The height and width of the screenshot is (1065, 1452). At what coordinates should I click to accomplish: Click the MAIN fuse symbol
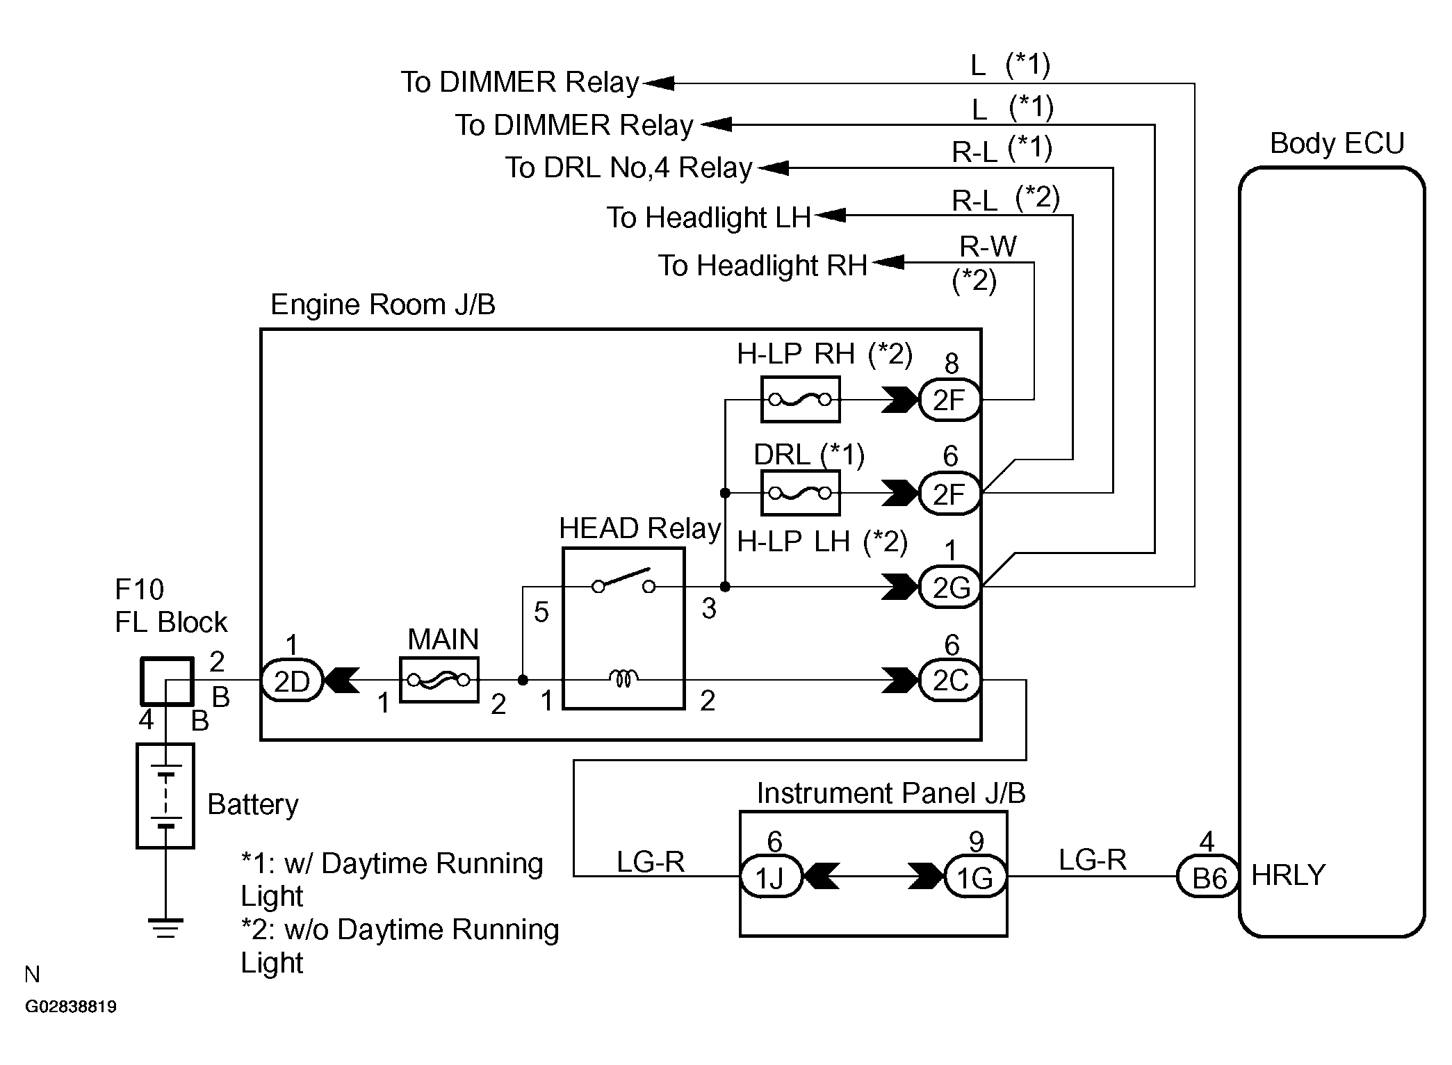[x=439, y=680]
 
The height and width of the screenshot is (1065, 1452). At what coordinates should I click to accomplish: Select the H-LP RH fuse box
[x=800, y=400]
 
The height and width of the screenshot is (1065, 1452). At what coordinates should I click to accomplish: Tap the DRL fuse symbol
[x=800, y=493]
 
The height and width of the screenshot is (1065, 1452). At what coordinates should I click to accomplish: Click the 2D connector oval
[x=292, y=681]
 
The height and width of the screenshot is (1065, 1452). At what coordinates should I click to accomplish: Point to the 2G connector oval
[x=949, y=587]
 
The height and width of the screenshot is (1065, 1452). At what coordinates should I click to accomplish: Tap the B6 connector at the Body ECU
[x=1208, y=877]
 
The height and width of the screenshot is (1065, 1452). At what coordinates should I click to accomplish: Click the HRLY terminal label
[x=1288, y=875]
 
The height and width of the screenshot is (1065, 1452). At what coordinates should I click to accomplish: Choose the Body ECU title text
[x=1337, y=144]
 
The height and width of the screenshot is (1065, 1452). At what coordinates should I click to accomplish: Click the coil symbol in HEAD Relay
[x=623, y=678]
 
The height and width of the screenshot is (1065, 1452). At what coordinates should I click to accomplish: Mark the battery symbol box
[x=165, y=796]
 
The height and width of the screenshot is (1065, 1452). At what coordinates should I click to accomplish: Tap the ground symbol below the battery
[x=165, y=928]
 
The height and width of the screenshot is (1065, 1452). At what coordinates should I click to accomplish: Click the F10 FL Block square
[x=167, y=681]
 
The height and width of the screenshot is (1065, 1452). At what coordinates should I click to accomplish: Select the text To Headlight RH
[x=762, y=266]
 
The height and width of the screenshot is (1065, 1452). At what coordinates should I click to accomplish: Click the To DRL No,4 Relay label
[x=628, y=168]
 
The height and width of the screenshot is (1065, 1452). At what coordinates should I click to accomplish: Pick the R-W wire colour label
[x=988, y=246]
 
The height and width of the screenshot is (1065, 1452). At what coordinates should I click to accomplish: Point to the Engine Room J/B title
[x=382, y=304]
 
